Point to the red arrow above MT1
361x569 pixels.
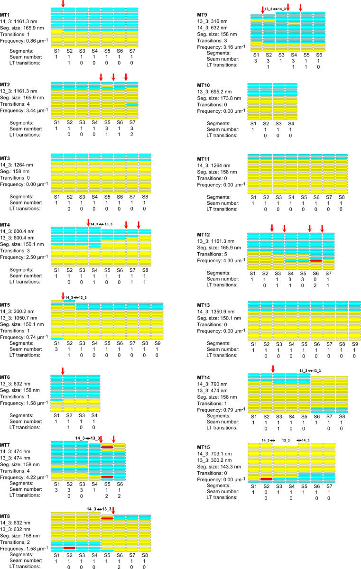(63, 4)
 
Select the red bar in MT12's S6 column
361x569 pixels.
(316, 260)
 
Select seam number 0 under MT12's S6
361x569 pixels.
(316, 279)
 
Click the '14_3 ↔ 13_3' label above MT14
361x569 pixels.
(310, 370)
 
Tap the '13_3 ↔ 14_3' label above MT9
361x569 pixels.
(275, 9)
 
